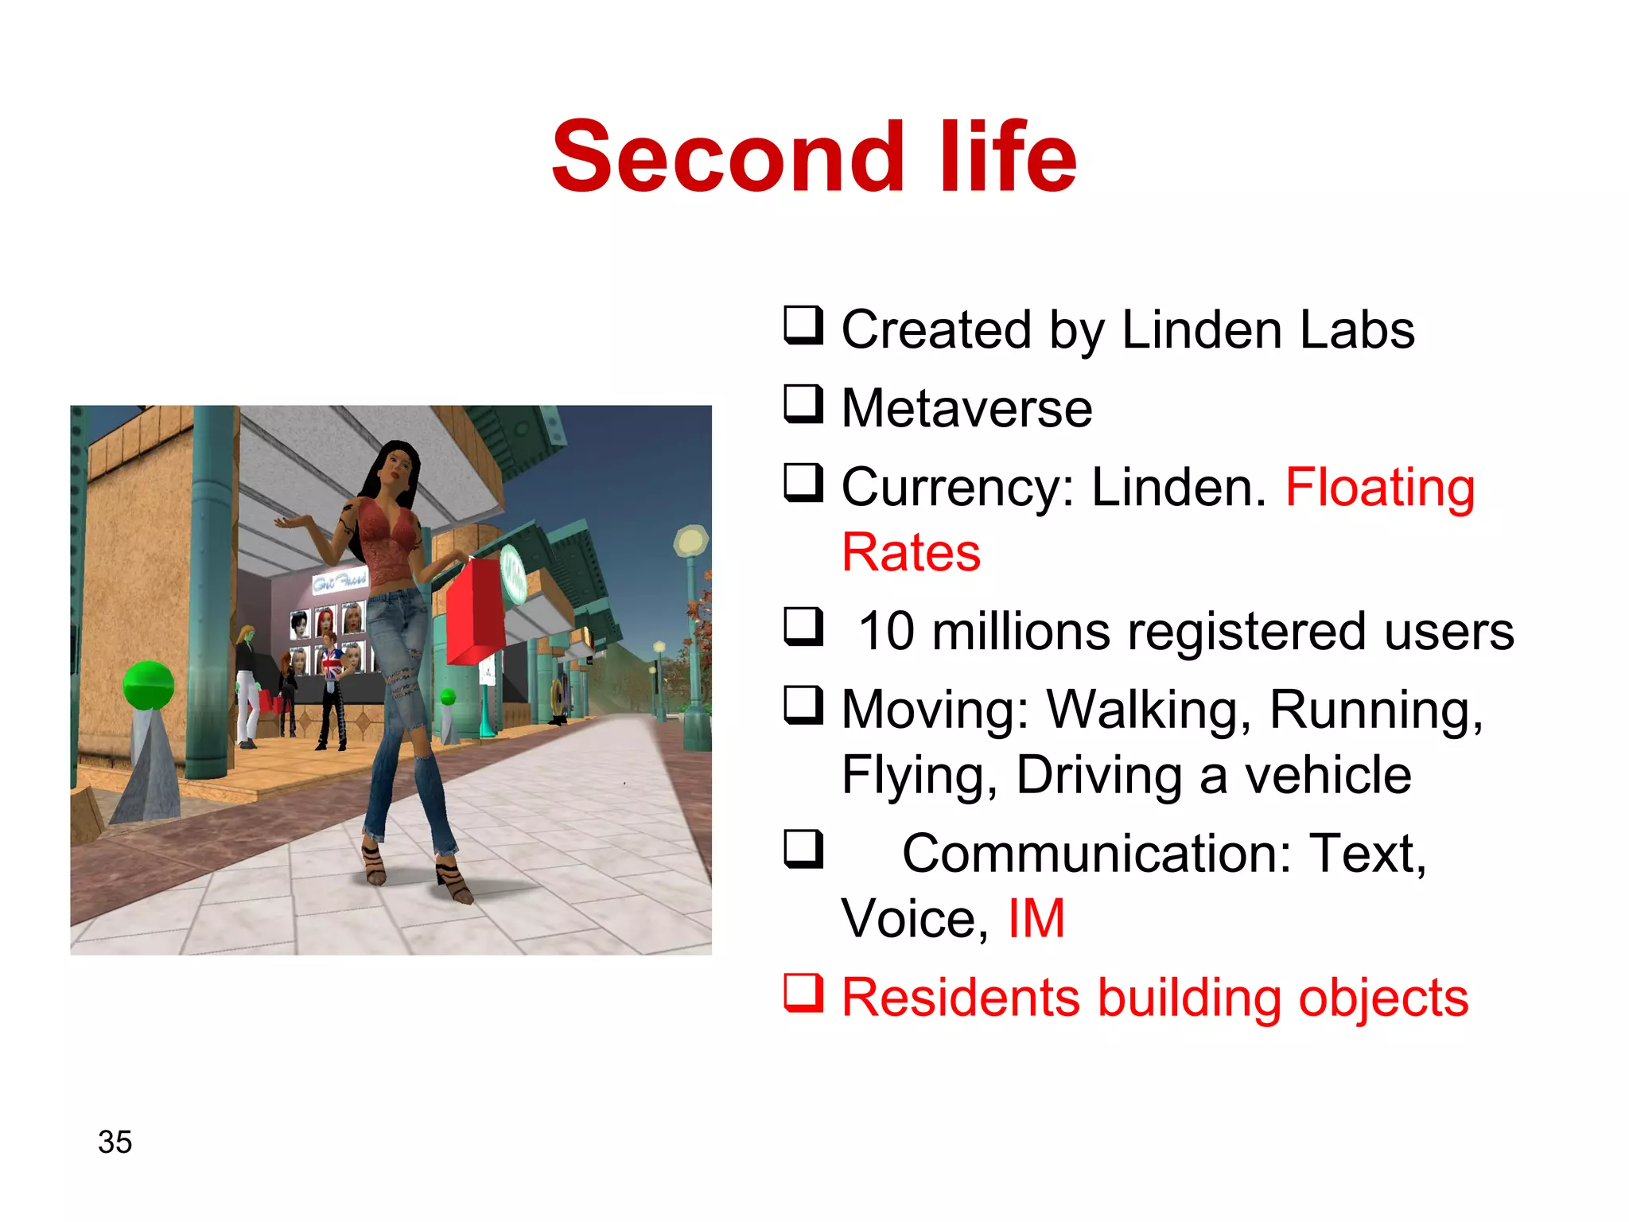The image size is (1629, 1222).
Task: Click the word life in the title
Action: click(x=1008, y=157)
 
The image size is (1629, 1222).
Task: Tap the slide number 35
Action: click(x=115, y=1142)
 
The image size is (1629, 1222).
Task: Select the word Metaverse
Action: click(x=966, y=409)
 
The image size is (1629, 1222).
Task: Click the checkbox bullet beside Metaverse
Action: click(x=803, y=404)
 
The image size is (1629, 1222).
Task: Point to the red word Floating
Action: click(x=1380, y=487)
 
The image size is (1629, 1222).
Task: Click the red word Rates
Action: click(x=911, y=552)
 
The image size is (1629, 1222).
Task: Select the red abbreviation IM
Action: click(x=1036, y=919)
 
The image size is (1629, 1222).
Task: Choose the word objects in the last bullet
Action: click(x=1383, y=998)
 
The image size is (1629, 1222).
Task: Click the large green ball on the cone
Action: click(x=148, y=685)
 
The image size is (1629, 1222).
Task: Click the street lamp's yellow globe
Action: click(x=690, y=541)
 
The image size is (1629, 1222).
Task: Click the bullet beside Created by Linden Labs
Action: click(x=803, y=325)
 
